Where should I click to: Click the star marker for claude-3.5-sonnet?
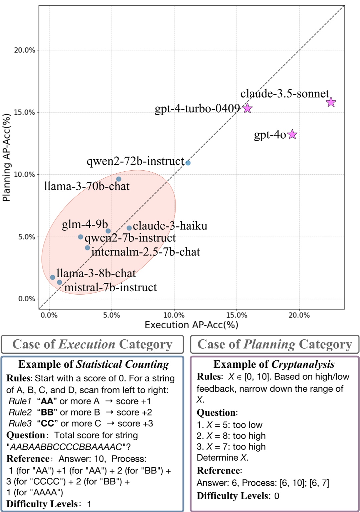pos(331,102)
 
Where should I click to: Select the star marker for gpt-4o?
pos(292,134)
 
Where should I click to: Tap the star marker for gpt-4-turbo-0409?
pos(247,108)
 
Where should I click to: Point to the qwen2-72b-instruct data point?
pos(188,163)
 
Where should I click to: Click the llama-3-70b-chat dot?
pos(119,179)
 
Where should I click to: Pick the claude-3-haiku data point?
pos(129,228)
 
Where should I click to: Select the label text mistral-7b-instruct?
pos(111,287)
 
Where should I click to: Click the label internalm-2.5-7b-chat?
pos(146,252)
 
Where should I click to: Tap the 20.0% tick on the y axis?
pos(24,50)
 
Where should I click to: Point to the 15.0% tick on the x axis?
pos(236,315)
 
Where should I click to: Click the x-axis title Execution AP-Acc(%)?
pos(191,325)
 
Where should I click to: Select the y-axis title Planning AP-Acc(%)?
pos(6,158)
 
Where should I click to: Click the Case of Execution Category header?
pos(92,344)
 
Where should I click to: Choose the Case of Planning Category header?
pos(275,344)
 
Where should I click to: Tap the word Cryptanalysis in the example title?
pos(303,364)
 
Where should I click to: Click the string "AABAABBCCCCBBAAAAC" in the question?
pos(66,447)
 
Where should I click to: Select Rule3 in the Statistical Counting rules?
pos(20,423)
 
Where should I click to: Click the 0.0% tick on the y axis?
pos(26,299)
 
